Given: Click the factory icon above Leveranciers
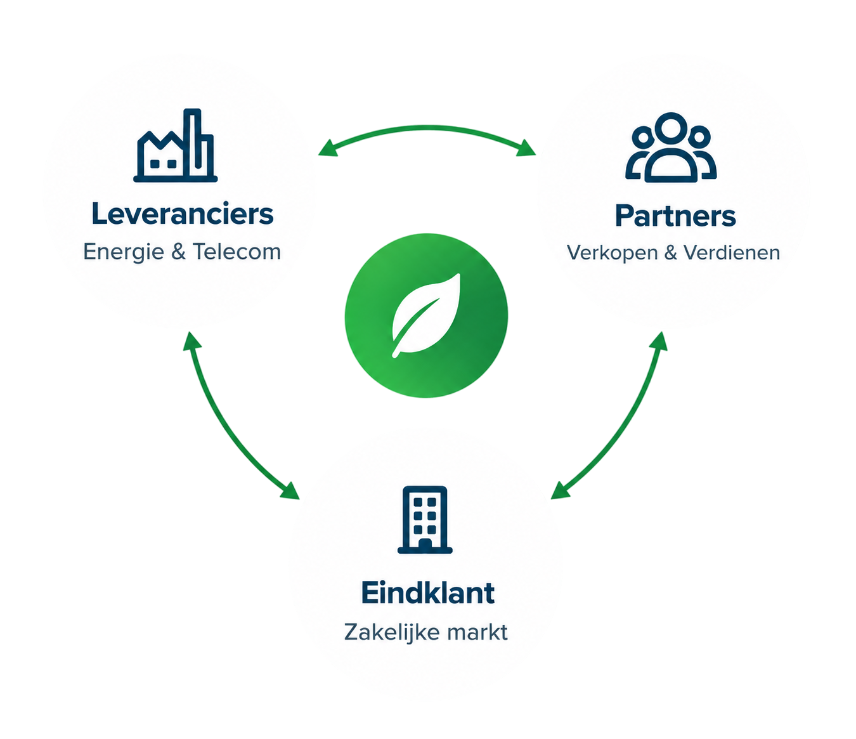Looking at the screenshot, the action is click(175, 145).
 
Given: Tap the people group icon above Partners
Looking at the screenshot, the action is click(671, 147).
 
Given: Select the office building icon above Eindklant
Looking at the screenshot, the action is click(425, 520).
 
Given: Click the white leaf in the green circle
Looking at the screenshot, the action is click(425, 315).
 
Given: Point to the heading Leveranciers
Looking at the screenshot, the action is click(182, 214).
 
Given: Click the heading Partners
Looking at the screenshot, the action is click(675, 216).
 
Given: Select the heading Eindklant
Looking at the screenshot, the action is click(428, 593).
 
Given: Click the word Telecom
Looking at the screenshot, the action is click(237, 251).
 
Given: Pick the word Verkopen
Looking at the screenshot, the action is click(612, 253).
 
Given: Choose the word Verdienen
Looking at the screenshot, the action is click(732, 252).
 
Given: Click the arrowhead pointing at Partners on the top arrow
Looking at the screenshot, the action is click(527, 148).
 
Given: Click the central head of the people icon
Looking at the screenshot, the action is click(671, 127).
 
